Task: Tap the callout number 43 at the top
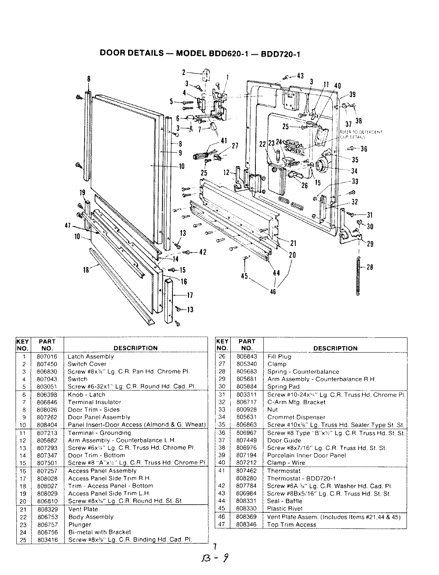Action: [300, 76]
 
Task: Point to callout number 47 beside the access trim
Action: [67, 226]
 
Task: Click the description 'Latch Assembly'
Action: [91, 357]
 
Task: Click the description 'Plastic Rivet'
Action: [285, 509]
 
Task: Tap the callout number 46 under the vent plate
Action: [273, 291]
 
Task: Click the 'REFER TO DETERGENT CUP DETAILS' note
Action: [361, 133]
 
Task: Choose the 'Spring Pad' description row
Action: [283, 387]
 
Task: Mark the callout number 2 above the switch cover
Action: [184, 72]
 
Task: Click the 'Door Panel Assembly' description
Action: [99, 417]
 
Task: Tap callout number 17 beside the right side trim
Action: [190, 295]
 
